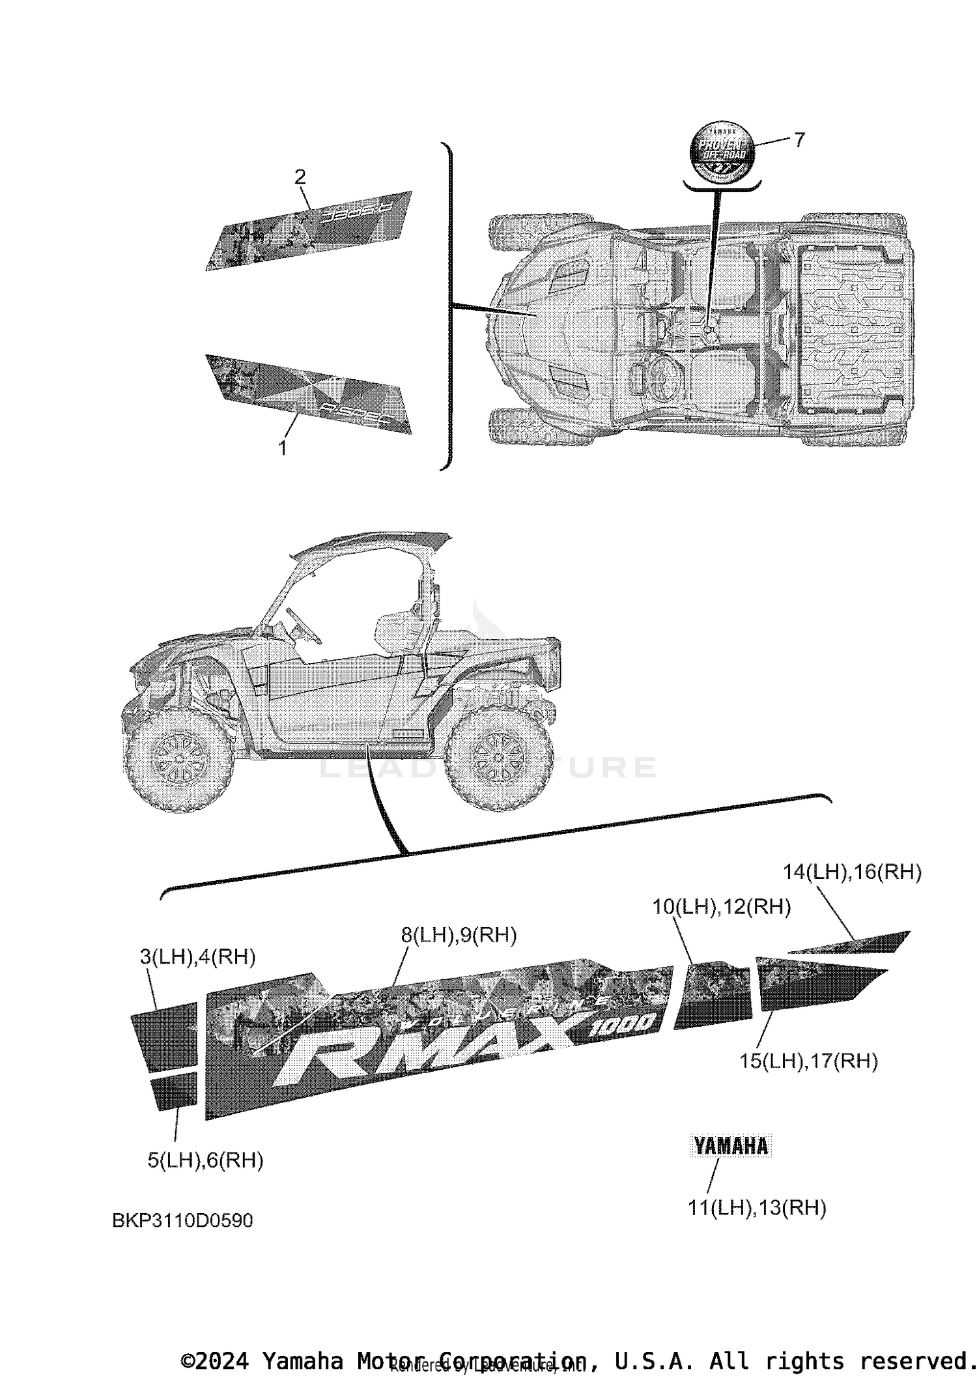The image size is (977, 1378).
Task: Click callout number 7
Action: pos(799,139)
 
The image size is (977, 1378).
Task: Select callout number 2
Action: pos(300,177)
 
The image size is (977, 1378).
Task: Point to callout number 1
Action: pos(282,448)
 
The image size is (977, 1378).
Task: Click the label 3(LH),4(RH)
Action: pos(197,957)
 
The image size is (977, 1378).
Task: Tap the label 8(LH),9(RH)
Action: pos(459,935)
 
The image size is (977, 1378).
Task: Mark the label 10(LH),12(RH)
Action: pos(722,906)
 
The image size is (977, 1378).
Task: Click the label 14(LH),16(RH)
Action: pos(852,872)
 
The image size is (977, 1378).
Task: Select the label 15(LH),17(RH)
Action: pos(808,1061)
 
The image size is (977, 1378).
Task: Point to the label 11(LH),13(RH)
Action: pos(757,1208)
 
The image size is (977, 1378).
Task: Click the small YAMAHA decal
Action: pos(730,1146)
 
